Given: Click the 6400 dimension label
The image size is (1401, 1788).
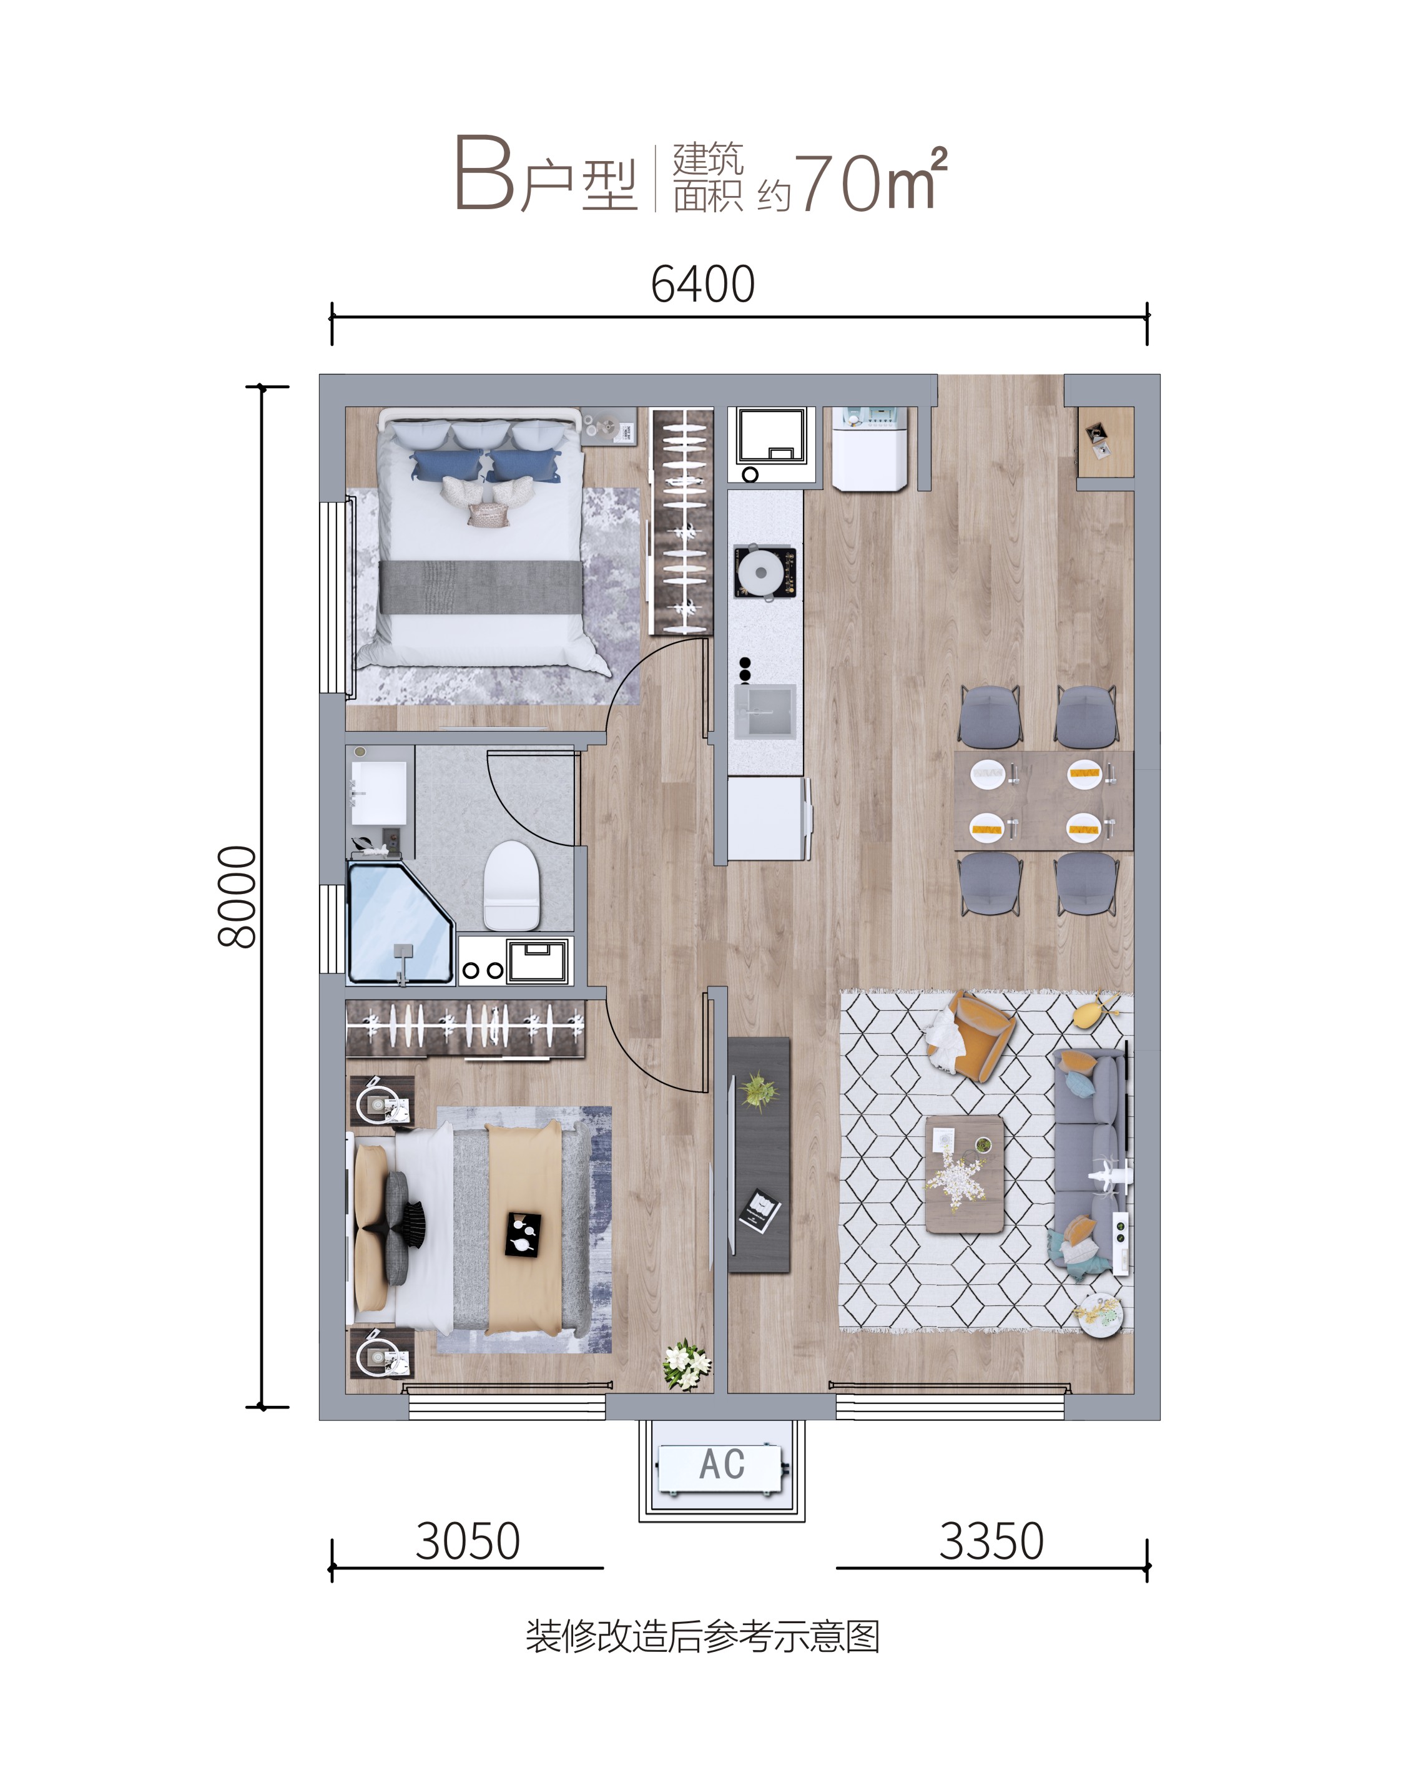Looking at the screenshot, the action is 702,285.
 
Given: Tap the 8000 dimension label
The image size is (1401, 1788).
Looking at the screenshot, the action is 237,896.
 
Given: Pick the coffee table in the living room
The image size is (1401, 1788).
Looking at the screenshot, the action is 965,1173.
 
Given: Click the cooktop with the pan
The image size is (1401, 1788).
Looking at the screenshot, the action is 764,572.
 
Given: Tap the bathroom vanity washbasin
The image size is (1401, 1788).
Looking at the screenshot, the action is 378,793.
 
